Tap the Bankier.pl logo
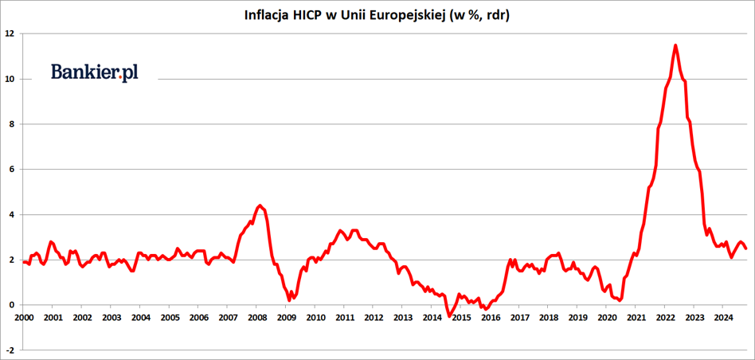pos(95,72)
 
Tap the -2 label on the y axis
pos(8,350)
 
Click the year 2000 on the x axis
pos(24,317)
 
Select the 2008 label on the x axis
pos(256,317)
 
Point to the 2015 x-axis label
pos(460,317)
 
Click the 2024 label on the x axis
pos(722,317)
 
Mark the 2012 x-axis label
pos(374,317)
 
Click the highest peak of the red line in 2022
pos(675,45)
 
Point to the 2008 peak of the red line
pos(260,205)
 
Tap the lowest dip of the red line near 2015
pos(449,315)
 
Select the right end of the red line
pos(745,248)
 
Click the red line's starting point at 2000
pos(24,262)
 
